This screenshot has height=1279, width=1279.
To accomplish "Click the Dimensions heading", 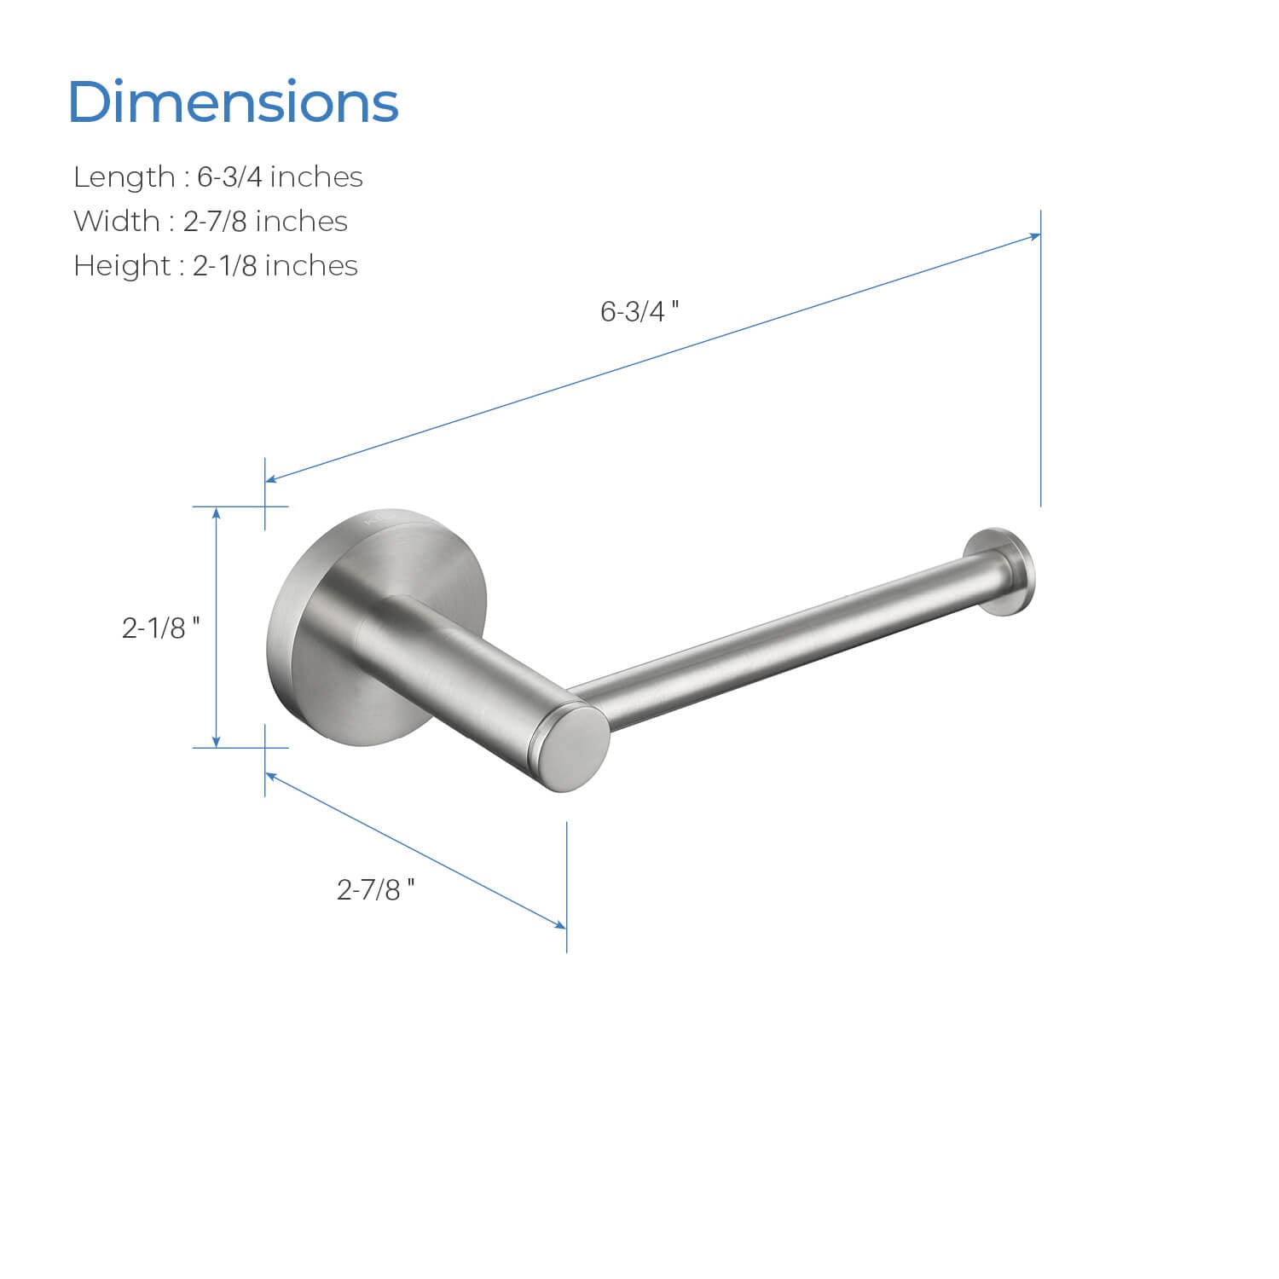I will (233, 102).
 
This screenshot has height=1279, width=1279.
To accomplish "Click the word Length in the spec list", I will (124, 177).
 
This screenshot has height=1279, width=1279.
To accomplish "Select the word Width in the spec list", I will (117, 222).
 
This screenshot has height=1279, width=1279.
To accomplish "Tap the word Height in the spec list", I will (123, 266).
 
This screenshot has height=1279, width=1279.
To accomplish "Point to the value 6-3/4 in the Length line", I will (230, 177).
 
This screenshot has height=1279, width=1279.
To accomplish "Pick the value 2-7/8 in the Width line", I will (216, 222).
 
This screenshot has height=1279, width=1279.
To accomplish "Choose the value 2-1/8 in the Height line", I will (225, 266).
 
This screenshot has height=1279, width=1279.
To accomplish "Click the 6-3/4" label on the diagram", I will (639, 312).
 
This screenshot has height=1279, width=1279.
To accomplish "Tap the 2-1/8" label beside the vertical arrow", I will (161, 628).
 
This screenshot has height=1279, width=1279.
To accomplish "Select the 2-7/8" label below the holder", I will (376, 890).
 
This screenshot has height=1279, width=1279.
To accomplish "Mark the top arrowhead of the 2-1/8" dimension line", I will (217, 512).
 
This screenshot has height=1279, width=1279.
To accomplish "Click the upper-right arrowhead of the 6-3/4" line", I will (1034, 236).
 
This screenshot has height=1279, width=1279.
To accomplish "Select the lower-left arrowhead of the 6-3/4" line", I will (272, 479).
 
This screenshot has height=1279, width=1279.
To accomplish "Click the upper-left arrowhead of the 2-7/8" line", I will (272, 776).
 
